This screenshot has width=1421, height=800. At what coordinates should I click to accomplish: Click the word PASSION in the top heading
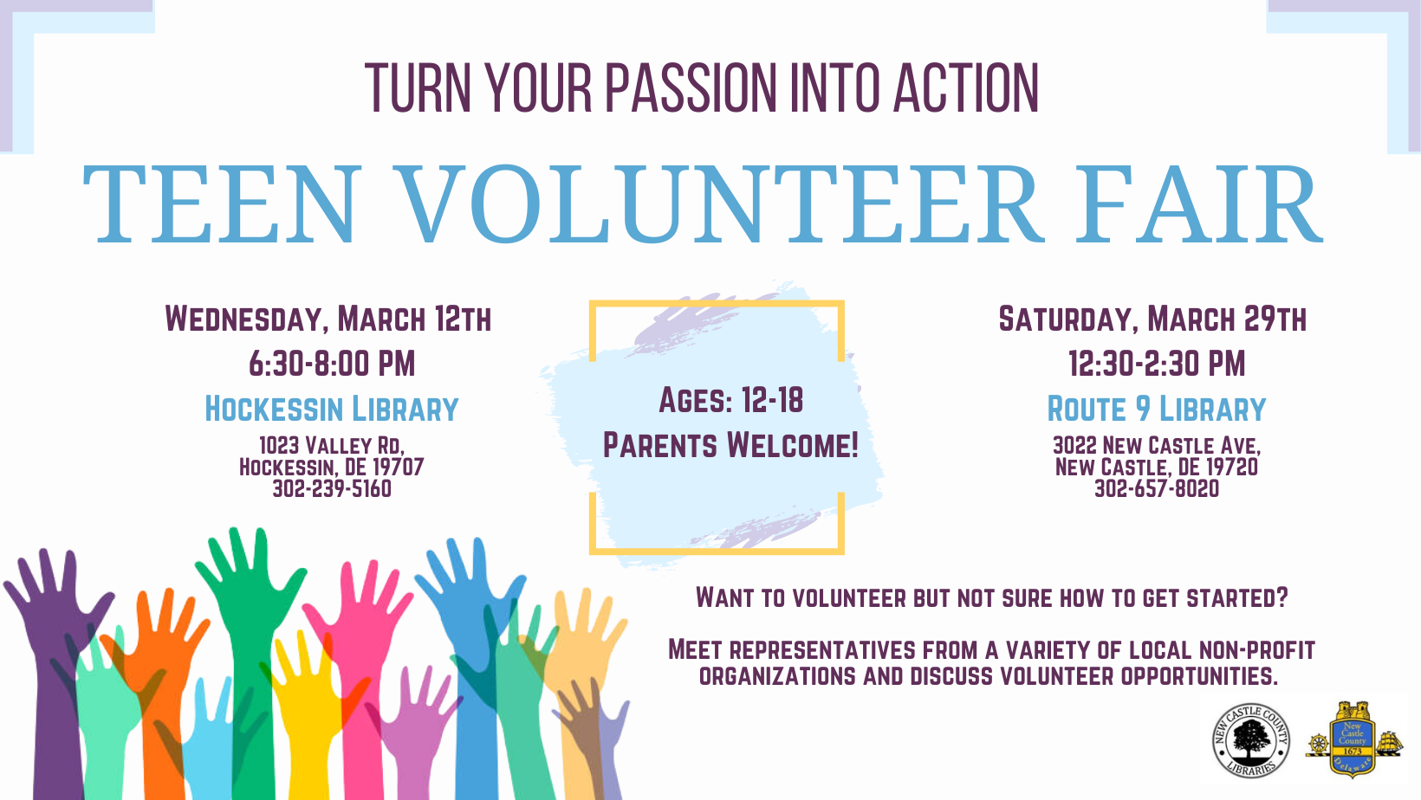point(691,88)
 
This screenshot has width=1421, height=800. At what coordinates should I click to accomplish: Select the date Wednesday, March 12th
point(328,319)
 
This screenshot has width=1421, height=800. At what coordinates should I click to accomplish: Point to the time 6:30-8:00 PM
point(332,364)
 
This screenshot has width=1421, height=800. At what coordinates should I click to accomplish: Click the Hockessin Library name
point(332,409)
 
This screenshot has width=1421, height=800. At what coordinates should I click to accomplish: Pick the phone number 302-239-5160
point(332,489)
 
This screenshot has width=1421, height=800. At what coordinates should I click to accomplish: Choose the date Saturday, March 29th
point(1152,319)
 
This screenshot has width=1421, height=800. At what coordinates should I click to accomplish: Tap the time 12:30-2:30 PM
point(1157,364)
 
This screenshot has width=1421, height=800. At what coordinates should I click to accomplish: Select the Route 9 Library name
point(1157,409)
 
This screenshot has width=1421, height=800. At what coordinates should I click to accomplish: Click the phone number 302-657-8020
point(1157,489)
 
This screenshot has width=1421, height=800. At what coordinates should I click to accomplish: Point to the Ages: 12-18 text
point(730,400)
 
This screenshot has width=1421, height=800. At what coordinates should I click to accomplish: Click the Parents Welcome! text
point(730,444)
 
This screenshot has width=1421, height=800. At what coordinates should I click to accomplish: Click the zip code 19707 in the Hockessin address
point(398,468)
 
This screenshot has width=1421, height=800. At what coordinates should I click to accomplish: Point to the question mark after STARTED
point(1282,597)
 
